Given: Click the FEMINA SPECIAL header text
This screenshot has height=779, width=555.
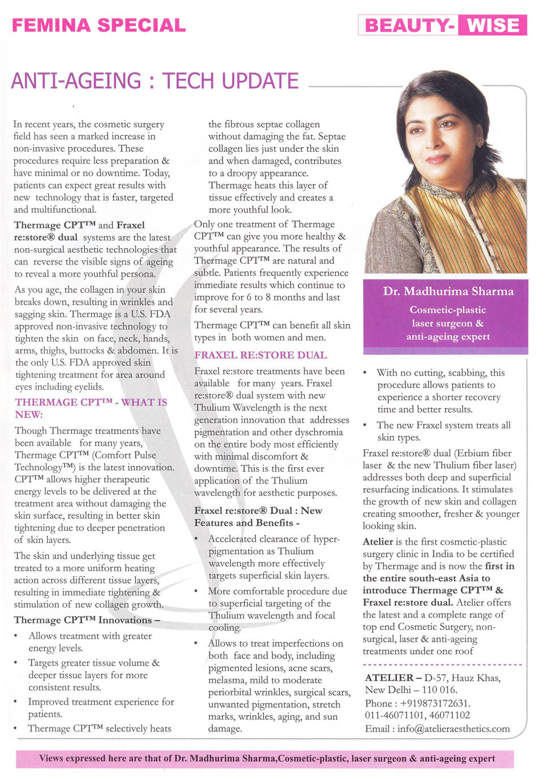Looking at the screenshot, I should tap(99, 25).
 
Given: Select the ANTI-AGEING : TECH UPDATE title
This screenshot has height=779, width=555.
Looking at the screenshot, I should tap(155, 81).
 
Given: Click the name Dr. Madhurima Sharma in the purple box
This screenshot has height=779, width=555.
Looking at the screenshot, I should tap(448, 291).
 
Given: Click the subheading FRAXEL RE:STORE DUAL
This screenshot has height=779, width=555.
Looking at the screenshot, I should tap(261, 355).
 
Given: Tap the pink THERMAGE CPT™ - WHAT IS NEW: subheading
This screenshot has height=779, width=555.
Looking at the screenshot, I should tap(91, 408).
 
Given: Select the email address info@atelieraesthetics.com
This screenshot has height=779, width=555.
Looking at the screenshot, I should tap(453, 729).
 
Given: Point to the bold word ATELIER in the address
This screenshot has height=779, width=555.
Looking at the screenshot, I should tap(389, 678).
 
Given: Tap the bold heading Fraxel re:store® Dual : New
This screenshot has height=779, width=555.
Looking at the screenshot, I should tap(258, 510).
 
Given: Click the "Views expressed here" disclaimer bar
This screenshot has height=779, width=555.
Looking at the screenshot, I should tap(266, 759).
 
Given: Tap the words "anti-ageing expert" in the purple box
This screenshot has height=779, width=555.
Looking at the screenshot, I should tap(448, 337).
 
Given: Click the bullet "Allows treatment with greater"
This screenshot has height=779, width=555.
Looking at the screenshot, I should tap(90, 636).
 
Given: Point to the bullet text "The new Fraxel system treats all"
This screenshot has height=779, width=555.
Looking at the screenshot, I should tap(443, 425).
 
